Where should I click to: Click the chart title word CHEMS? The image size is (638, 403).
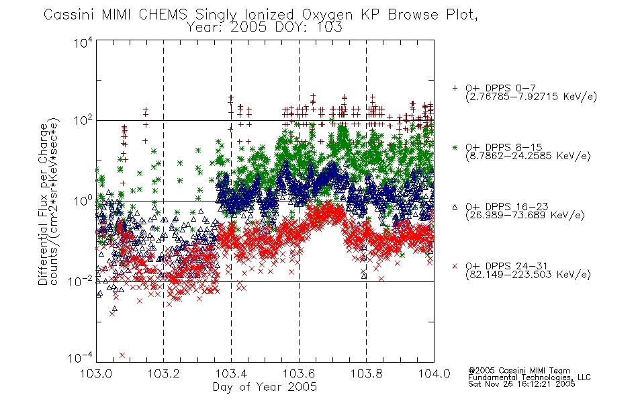pos(163,15)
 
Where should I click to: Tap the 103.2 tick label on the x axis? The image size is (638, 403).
pos(164,373)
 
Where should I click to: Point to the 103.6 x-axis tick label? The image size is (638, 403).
pos(299,373)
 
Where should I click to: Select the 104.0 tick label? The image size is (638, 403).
pos(434,373)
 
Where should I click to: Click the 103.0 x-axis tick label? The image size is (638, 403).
pos(96,373)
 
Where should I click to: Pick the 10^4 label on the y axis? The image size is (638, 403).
pos(83,43)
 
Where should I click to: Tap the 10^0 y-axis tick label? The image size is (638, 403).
pos(83,201)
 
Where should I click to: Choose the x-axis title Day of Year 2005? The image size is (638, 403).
pos(265,387)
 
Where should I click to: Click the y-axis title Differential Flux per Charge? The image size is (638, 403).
pos(44,204)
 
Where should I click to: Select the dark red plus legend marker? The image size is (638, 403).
pos(455,87)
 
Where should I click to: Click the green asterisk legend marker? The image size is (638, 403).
pos(455,147)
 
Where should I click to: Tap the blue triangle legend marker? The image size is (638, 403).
pos(455,207)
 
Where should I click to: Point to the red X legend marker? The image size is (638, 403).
pos(455,266)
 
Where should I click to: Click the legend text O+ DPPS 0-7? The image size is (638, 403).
pos(501,88)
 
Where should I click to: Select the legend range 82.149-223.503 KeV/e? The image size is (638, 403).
pos(528,275)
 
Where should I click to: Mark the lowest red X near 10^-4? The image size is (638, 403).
pos(122,355)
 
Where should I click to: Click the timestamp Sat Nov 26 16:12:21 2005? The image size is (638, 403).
pos(522,384)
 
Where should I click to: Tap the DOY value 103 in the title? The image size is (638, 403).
pos(329,28)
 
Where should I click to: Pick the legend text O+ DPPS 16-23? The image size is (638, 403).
pos(507,207)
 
